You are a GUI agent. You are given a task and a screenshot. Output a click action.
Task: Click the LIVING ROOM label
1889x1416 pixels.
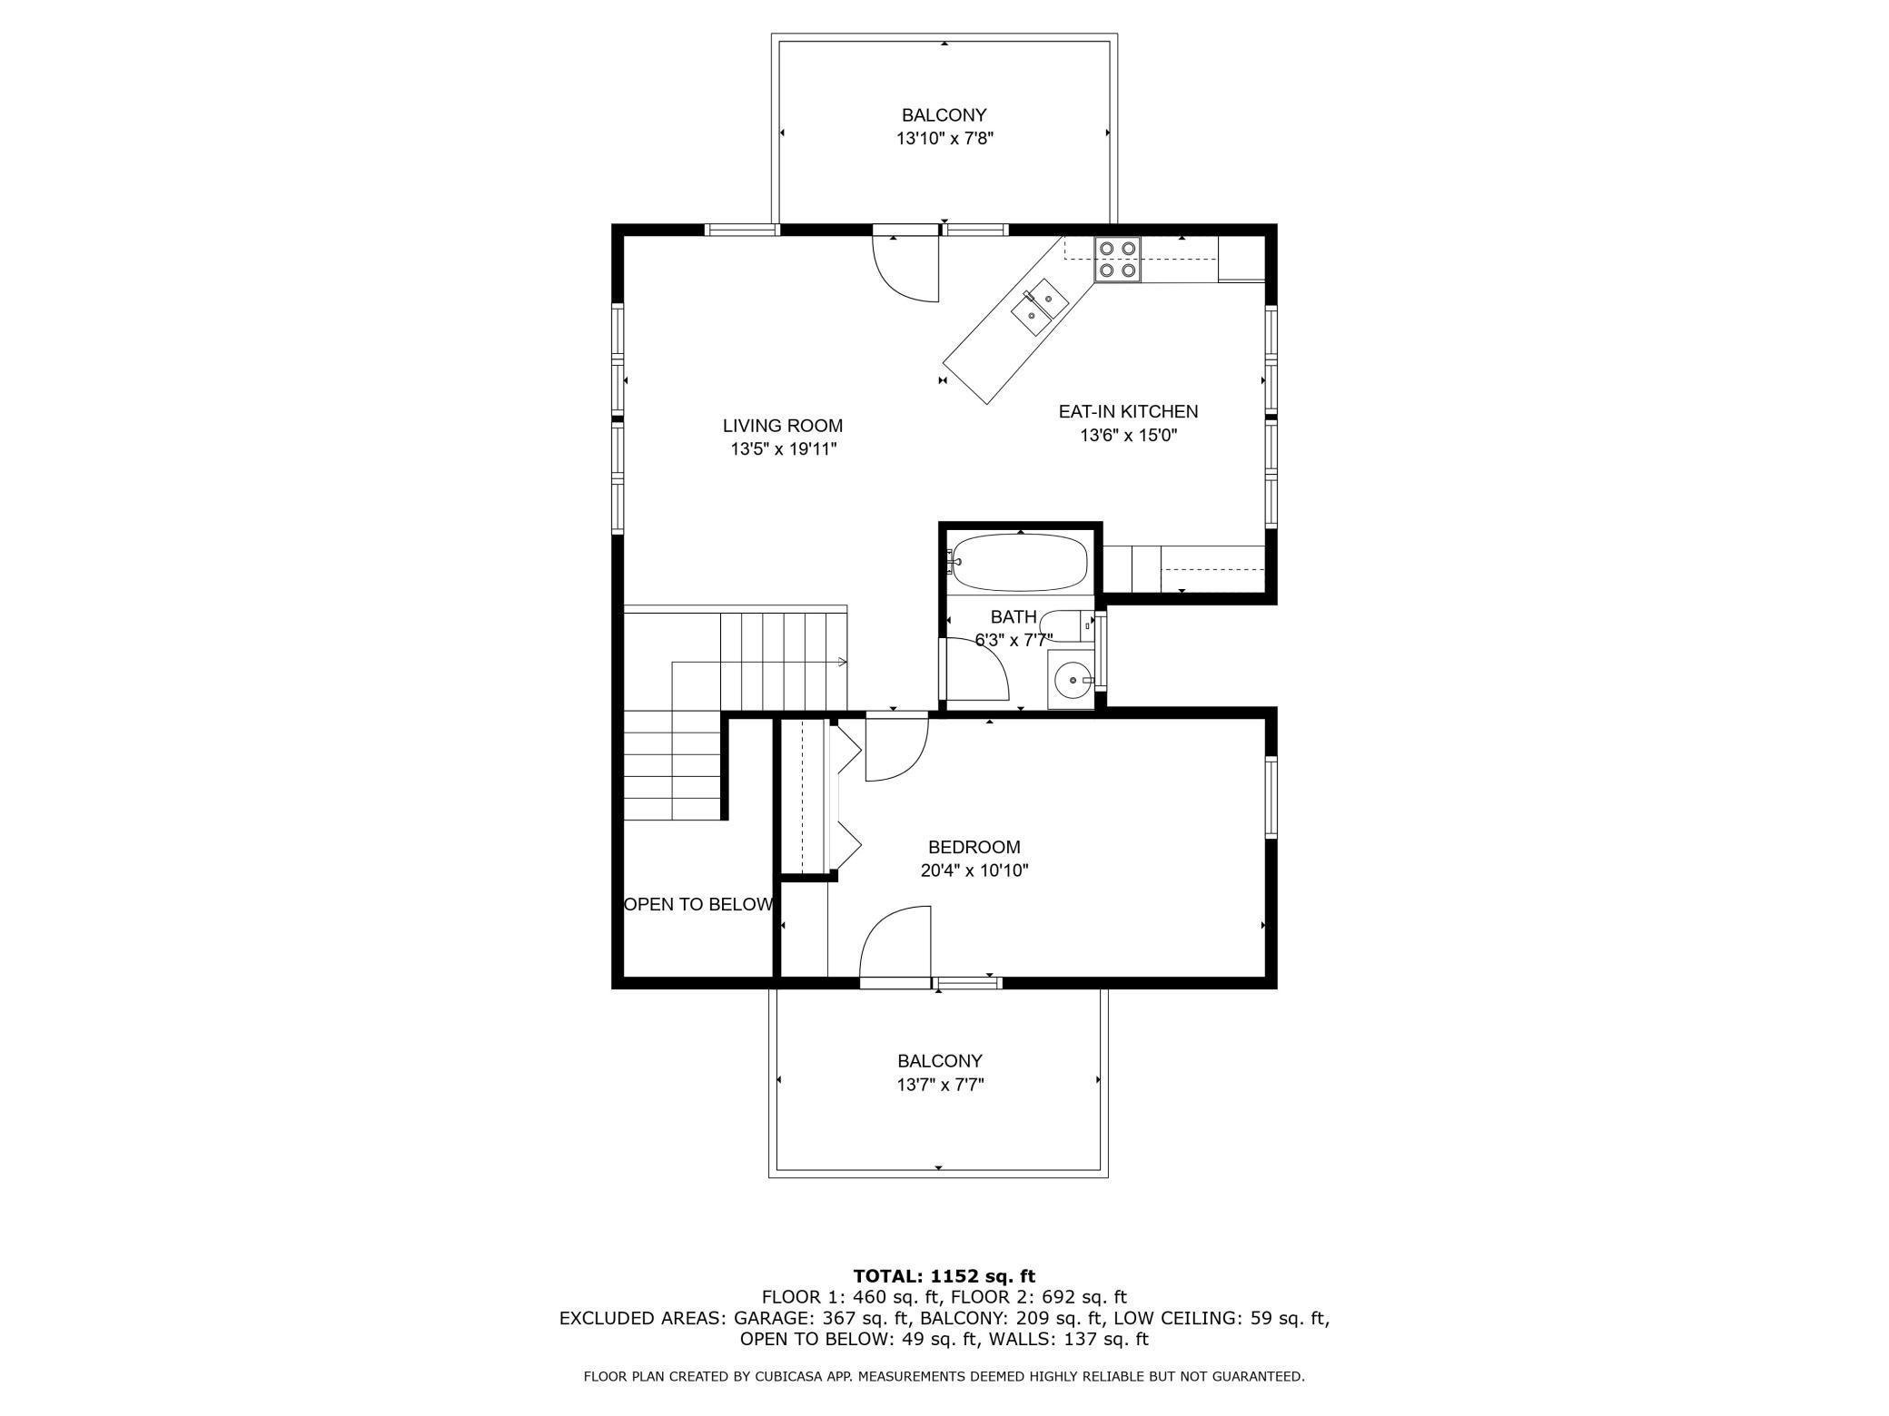[782, 426]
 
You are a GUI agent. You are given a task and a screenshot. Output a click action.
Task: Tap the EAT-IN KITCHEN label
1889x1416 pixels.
[1128, 411]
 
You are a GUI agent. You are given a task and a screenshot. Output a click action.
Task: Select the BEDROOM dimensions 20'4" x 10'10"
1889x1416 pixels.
[974, 870]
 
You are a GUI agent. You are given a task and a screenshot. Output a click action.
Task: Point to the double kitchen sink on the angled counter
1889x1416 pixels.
[1039, 308]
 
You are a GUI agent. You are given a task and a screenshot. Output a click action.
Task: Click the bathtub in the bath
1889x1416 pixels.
[1018, 562]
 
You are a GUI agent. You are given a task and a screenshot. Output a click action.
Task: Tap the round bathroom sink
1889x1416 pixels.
[1072, 679]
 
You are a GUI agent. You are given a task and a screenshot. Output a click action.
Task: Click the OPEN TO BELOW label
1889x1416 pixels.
[698, 904]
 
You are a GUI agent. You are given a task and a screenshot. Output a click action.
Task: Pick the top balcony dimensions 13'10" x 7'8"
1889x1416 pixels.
[944, 139]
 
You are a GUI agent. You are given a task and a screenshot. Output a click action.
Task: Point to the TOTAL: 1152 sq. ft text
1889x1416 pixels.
[944, 1276]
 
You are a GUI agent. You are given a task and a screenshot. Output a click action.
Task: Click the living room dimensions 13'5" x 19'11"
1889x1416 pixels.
[782, 448]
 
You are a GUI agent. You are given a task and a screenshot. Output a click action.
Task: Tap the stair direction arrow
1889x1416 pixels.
[843, 662]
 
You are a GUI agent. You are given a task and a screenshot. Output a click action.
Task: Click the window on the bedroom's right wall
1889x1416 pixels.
[1271, 796]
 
